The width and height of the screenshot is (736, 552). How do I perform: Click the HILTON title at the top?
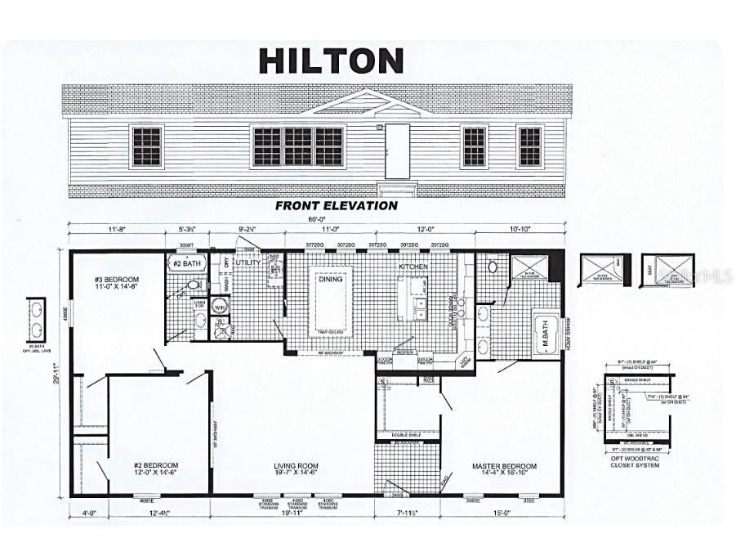point(331,61)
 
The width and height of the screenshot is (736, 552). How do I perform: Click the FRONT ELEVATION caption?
point(336,206)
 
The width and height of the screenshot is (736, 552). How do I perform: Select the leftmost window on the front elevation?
point(147,146)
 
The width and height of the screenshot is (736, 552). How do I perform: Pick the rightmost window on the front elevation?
point(530,146)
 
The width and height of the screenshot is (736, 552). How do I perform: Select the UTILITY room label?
point(248,263)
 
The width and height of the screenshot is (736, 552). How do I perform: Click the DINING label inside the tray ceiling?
point(331,279)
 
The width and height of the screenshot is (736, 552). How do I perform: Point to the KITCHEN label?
point(413,267)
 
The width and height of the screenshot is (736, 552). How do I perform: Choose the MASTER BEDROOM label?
point(504,466)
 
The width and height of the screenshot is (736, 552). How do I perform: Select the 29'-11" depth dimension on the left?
point(55,374)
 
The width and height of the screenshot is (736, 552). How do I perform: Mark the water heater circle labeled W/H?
point(219,307)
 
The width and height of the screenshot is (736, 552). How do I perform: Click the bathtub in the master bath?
point(546,334)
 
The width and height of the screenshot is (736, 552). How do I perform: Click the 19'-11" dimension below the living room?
point(292,514)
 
